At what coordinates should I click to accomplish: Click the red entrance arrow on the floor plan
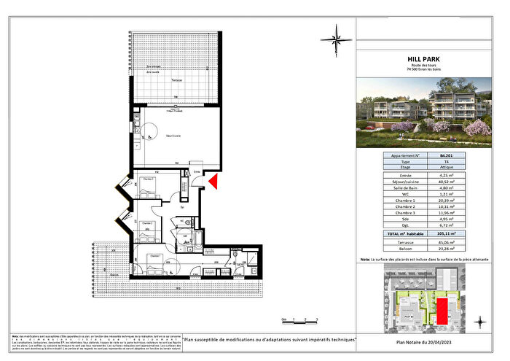pos(213,182)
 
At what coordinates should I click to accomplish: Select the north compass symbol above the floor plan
pos(335,35)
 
